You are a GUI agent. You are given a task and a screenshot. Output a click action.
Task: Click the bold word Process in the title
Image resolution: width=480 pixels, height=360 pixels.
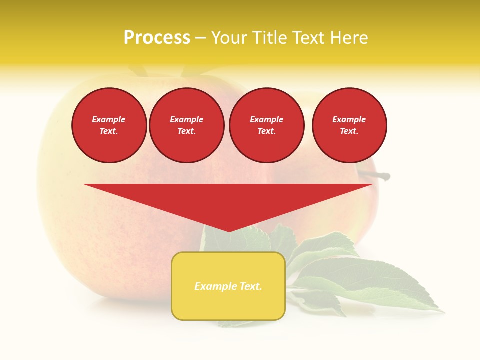coord(157,38)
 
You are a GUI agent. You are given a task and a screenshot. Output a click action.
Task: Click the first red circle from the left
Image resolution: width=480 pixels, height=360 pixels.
coord(109,125)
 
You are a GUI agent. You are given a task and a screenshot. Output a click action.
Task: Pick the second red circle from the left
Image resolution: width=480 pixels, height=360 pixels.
coord(186,125)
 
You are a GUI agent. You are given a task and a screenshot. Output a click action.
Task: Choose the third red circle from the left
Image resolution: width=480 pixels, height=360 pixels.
coord(266,125)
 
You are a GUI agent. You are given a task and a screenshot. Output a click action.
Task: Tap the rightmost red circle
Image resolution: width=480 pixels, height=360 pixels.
coord(349,125)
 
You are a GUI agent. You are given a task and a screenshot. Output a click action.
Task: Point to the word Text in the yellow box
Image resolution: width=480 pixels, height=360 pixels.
coord(250,286)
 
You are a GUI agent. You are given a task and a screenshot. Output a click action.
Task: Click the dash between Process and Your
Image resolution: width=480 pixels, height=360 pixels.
coord(200,38)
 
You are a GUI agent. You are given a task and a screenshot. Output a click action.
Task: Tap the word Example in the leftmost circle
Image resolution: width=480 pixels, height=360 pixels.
coord(109,119)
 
